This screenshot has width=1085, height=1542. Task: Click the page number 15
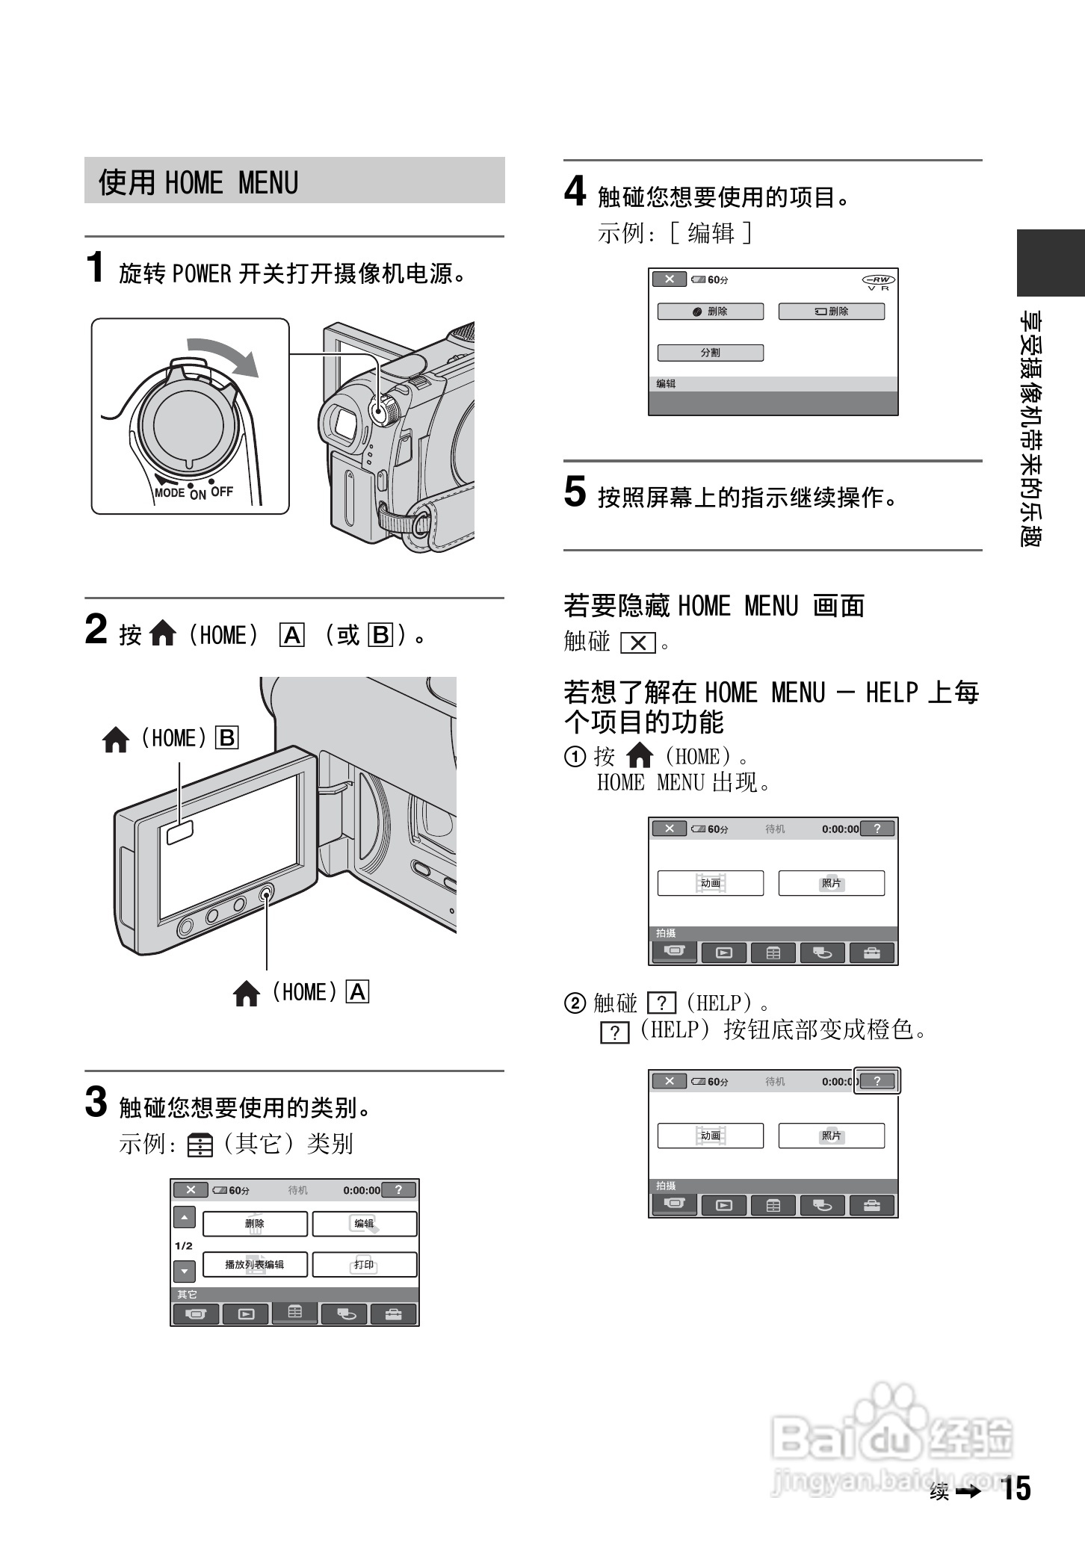1016,1489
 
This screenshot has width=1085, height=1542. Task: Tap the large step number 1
95,267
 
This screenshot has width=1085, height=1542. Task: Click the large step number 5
575,492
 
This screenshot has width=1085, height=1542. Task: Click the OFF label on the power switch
222,492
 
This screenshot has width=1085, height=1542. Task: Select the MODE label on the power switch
170,492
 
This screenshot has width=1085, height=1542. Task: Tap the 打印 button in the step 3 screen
364,1265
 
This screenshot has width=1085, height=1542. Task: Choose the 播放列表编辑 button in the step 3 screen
255,1265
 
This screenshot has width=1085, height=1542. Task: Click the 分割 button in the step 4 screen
710,353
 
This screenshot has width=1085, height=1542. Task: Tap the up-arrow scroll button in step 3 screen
185,1218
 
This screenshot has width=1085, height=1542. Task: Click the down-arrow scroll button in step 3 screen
185,1271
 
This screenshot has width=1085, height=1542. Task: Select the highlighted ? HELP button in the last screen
877,1081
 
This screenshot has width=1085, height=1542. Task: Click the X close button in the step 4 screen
669,279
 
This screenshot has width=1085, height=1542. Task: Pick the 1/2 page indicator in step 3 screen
184,1245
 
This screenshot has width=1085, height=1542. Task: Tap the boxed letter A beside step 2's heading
292,635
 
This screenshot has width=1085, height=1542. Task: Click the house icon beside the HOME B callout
116,740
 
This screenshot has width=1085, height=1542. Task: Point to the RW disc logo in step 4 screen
878,282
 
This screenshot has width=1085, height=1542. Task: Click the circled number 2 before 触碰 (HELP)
575,1003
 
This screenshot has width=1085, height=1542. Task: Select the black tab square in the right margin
1050,263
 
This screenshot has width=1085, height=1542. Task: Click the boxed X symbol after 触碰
638,642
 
